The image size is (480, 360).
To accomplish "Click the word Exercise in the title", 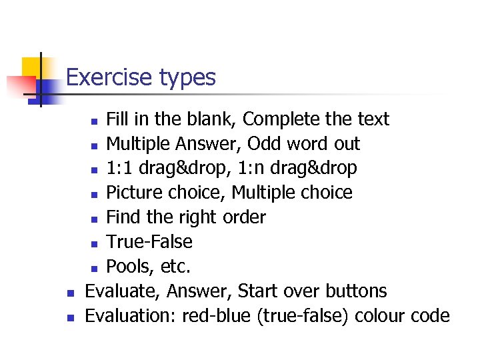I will (109, 78).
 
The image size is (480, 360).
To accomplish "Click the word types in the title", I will (187, 79).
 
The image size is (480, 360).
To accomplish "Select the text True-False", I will (149, 242).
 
